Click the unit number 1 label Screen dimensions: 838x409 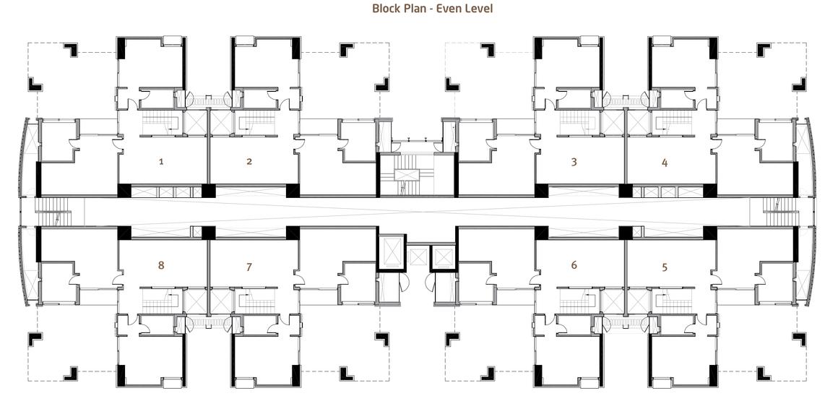(x=161, y=161)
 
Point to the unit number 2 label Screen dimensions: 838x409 (x=249, y=161)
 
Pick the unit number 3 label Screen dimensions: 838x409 (x=574, y=161)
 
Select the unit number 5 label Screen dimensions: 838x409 (x=665, y=267)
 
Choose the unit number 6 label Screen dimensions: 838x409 (x=574, y=265)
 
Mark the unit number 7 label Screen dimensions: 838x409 (x=249, y=267)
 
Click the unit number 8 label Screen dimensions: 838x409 (x=161, y=265)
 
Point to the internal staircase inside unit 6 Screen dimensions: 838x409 (x=578, y=301)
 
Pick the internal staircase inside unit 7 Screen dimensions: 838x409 (x=256, y=301)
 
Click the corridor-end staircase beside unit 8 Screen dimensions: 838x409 (x=53, y=212)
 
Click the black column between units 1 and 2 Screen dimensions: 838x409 (x=209, y=190)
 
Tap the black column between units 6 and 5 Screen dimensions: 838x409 (x=626, y=233)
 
